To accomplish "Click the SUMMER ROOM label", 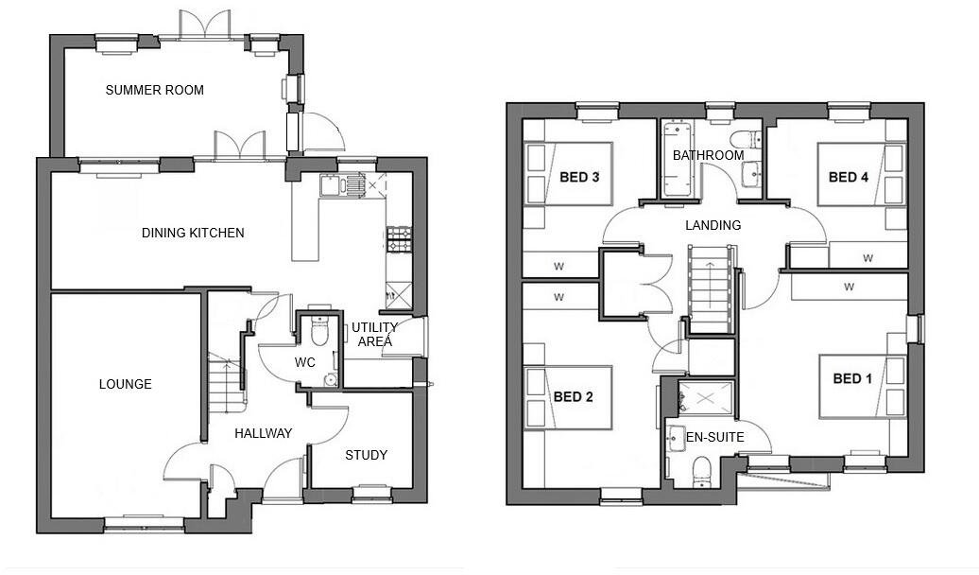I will click(x=154, y=91).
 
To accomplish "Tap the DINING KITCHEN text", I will click(x=193, y=233).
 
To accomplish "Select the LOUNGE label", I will click(x=125, y=384).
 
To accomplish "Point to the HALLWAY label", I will click(x=263, y=433).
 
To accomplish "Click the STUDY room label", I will click(x=366, y=455).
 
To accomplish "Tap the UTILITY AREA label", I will click(x=374, y=334).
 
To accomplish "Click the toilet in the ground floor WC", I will click(x=318, y=332).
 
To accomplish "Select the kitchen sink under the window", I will click(x=354, y=185).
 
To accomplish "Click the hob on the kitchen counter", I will click(x=397, y=240).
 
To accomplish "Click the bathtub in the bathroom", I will click(x=677, y=159).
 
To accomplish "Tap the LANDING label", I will click(x=713, y=225).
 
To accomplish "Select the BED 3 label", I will click(x=580, y=177).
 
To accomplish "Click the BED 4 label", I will click(x=848, y=177).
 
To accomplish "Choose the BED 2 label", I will click(x=573, y=396).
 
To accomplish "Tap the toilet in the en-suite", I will click(x=700, y=470).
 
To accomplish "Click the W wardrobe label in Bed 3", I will click(x=558, y=266).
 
